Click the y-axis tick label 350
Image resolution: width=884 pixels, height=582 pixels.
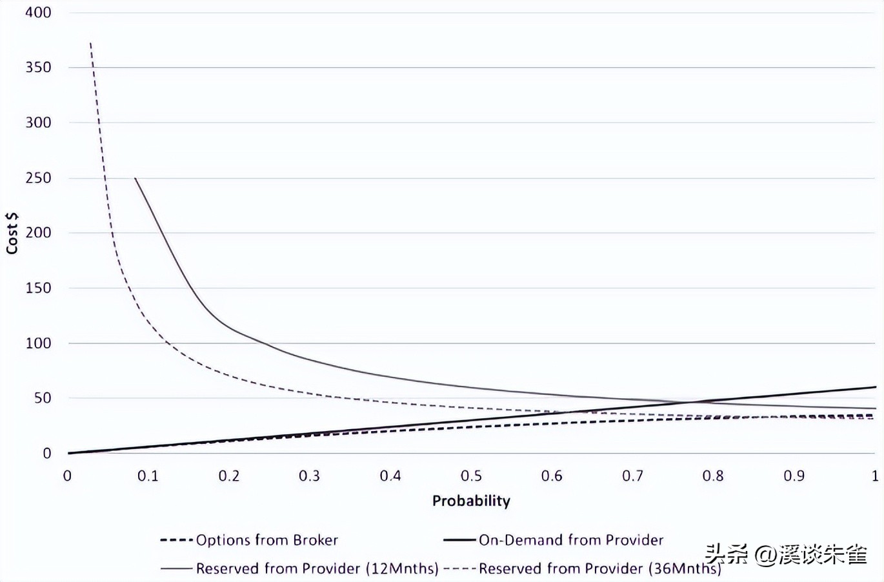(38, 67)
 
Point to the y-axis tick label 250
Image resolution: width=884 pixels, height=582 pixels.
(38, 177)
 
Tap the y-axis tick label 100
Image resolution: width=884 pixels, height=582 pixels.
(38, 343)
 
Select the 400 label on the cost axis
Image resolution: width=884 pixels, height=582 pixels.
(38, 12)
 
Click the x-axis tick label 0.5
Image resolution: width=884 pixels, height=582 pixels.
(471, 476)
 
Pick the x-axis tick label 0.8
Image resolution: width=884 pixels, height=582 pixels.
(713, 476)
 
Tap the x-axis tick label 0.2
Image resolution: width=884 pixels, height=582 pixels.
(228, 476)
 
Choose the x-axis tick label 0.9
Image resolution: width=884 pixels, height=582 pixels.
(794, 476)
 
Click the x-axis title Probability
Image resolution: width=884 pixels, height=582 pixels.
(471, 501)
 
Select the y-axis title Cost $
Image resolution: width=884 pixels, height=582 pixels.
(12, 233)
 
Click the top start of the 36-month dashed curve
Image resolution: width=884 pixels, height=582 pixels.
(90, 43)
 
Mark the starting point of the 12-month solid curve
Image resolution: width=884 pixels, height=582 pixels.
(135, 178)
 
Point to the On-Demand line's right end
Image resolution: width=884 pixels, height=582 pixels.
(876, 387)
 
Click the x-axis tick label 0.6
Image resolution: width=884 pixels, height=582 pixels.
(552, 476)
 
